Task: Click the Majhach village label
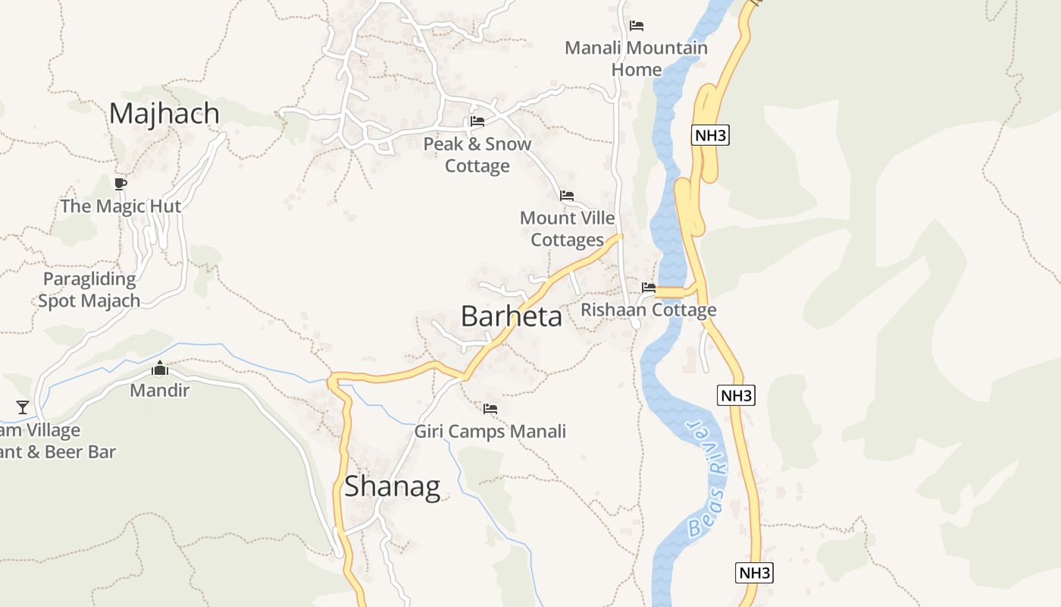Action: click(x=164, y=113)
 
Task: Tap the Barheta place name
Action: click(x=512, y=316)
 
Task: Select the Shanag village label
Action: click(x=392, y=486)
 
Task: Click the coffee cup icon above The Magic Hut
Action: click(x=120, y=184)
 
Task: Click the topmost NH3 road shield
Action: click(x=710, y=136)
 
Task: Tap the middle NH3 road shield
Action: click(x=736, y=395)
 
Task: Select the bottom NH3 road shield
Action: click(x=754, y=572)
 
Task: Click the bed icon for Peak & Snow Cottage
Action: click(x=477, y=121)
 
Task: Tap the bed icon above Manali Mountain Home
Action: click(x=637, y=26)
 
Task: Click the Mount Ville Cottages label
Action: click(x=568, y=228)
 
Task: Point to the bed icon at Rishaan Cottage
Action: click(x=649, y=288)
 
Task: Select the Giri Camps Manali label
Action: click(x=490, y=432)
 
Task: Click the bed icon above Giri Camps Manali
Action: click(x=490, y=409)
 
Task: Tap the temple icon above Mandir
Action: click(x=160, y=370)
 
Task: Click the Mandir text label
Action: click(x=160, y=390)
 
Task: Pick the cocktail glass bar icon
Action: click(x=23, y=407)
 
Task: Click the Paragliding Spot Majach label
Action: click(x=89, y=289)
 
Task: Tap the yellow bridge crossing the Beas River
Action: click(x=670, y=292)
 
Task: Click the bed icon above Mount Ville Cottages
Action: click(x=567, y=196)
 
